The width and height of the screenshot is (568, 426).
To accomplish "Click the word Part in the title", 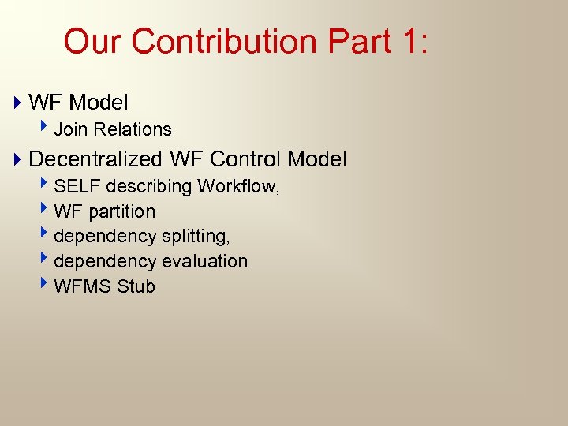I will tap(355, 41).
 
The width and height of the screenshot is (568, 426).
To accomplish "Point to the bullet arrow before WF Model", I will tap(18, 103).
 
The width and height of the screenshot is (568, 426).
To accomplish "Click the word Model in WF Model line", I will tap(99, 103).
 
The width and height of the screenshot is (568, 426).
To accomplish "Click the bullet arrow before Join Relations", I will tap(47, 129).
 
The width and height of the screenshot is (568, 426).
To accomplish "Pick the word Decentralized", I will tap(95, 159).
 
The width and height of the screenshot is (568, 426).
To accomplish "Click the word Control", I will tap(246, 159).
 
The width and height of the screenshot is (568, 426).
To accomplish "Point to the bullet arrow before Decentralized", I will tap(18, 159).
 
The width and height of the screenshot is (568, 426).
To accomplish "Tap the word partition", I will tap(122, 211).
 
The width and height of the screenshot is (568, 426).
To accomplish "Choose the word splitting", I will tap(196, 237).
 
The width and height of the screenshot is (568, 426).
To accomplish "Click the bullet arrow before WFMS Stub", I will tap(47, 286).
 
